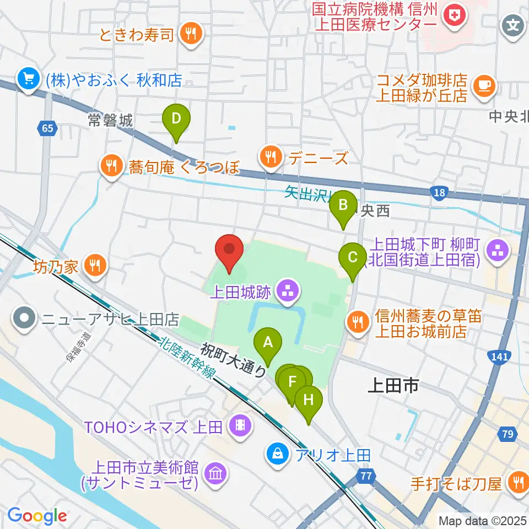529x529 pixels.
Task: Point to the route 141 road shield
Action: (499, 358)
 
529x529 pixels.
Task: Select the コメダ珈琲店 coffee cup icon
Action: (484, 85)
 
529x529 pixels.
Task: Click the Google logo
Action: (37, 516)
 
